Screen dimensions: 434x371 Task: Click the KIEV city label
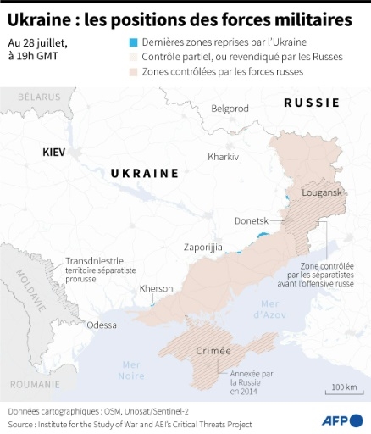tap(57, 152)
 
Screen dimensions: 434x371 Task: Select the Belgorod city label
tap(230, 108)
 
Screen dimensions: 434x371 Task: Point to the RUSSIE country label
tap(312, 103)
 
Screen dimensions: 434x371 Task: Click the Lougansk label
tap(319, 193)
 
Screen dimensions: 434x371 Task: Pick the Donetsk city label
tap(252, 220)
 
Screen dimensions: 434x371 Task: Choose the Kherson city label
tap(156, 288)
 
